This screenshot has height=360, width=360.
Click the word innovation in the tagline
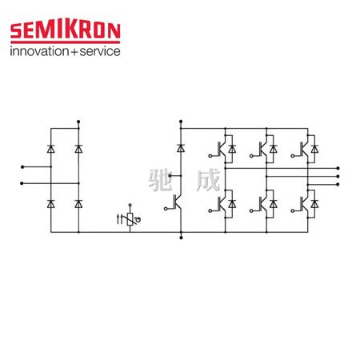[40, 51]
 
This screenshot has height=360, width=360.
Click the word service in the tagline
[100, 51]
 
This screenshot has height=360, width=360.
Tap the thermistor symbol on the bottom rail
[130, 219]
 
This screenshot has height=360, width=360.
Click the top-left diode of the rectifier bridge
[50, 149]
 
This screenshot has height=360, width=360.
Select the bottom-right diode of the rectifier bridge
[78, 204]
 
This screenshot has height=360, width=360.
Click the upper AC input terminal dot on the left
[22, 167]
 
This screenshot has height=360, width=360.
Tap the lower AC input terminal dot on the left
[22, 183]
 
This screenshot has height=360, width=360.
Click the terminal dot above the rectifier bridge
[78, 122]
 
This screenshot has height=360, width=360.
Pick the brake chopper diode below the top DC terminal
[181, 148]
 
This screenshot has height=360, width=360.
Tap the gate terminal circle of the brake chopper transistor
[166, 209]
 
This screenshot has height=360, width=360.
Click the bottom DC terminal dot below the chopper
[181, 238]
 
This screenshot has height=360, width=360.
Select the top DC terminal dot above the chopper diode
[181, 122]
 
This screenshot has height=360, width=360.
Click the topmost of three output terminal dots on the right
[338, 168]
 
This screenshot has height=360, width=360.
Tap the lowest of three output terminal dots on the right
[338, 184]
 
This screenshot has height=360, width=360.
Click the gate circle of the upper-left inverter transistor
[210, 156]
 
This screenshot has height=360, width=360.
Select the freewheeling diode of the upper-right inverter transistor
[314, 149]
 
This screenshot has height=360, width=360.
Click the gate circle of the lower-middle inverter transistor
[251, 210]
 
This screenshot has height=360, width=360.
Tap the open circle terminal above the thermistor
[130, 205]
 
